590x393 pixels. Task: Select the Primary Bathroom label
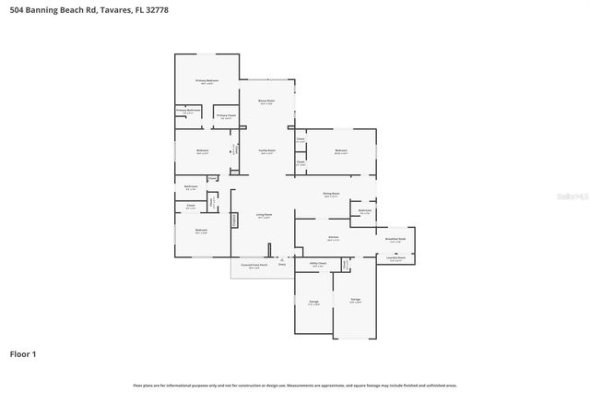point(188,110)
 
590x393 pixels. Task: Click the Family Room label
point(266,151)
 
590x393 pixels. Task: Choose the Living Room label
point(264,216)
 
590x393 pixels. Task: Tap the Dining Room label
point(330,194)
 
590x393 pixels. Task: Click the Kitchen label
point(334,237)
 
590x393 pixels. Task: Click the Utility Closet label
point(317,264)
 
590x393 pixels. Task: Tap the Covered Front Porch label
point(254,266)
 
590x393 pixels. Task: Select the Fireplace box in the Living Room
point(234,220)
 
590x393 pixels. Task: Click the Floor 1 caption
point(23,352)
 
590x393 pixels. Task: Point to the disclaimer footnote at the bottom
point(295,385)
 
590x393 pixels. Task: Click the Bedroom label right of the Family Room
point(341,150)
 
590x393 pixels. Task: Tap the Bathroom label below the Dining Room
point(364,210)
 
